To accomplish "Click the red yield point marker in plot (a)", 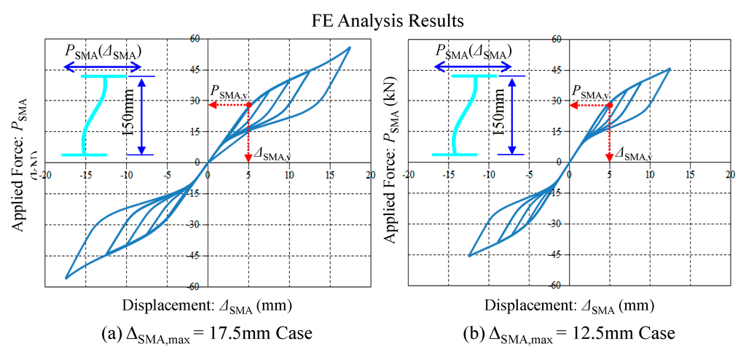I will click(x=248, y=105).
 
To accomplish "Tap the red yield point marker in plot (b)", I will click(x=608, y=105).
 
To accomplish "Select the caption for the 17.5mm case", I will click(x=208, y=333).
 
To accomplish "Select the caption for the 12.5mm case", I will click(x=569, y=333).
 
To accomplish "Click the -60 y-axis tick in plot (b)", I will click(x=557, y=285).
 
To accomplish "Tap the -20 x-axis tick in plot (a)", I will click(x=44, y=175).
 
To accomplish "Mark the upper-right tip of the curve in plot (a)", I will click(x=350, y=47).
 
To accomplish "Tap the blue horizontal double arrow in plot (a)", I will click(x=102, y=67).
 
